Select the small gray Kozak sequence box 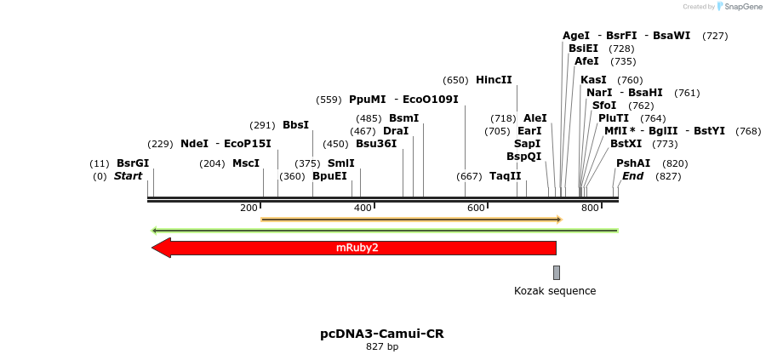[557, 272]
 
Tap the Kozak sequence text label [555, 291]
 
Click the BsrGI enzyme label [133, 163]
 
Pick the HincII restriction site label [494, 80]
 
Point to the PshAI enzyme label [633, 163]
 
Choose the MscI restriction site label [246, 163]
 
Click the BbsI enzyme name [295, 125]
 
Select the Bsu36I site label [376, 144]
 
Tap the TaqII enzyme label [505, 176]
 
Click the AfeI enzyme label [586, 61]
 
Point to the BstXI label [626, 144]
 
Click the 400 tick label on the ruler [363, 208]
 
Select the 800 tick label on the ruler [590, 208]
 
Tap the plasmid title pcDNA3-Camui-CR [382, 334]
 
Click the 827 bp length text [382, 347]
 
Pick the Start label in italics [128, 176]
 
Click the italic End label [632, 176]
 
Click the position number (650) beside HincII [456, 80]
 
